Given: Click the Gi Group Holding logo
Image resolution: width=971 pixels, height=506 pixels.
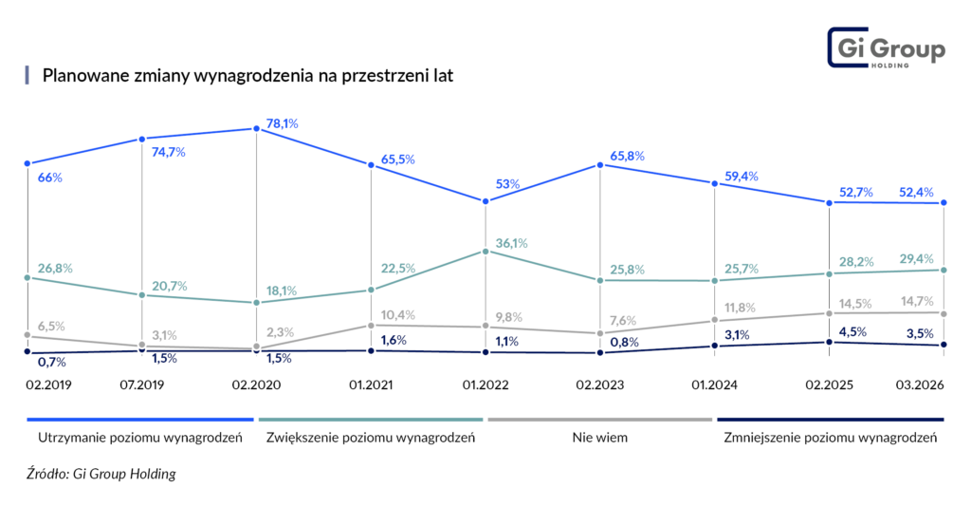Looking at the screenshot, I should click(x=887, y=49).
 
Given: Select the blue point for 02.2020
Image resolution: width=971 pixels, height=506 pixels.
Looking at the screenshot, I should click(x=256, y=128).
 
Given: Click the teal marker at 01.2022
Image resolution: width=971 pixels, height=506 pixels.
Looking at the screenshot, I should click(x=485, y=252).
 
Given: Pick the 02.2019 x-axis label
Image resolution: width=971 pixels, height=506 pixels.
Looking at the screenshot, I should click(x=47, y=386).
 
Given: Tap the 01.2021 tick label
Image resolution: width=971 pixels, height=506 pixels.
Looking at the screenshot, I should click(x=370, y=386).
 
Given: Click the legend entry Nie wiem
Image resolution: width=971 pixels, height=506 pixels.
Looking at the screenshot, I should click(x=600, y=438).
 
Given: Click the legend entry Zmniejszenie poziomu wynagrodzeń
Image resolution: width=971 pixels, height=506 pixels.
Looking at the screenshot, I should click(x=830, y=438).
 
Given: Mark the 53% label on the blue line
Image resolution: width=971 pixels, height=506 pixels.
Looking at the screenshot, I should click(x=507, y=184).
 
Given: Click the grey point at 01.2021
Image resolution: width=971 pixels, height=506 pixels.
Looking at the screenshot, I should click(x=371, y=325).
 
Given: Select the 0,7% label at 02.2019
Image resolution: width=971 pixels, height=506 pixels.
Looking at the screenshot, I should click(x=51, y=362).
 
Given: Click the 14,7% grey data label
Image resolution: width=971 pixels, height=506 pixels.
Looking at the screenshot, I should click(x=920, y=301).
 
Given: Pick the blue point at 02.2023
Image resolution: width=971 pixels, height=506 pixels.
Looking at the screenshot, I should click(x=601, y=165).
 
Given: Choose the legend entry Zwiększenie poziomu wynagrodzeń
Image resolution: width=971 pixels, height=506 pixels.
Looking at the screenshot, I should click(x=371, y=438).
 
